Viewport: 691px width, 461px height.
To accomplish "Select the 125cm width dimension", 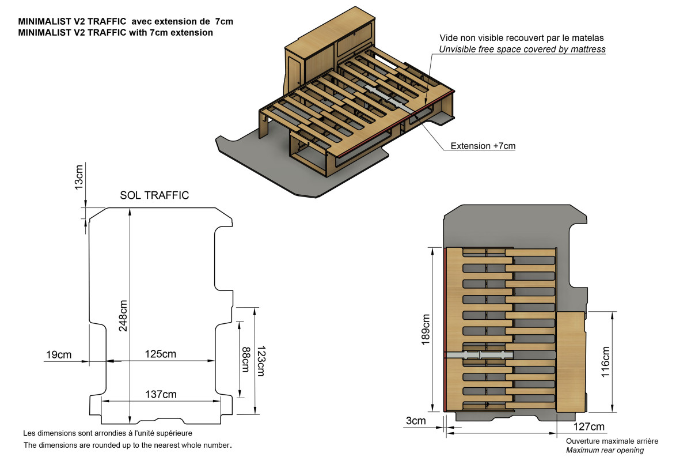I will point(160,354).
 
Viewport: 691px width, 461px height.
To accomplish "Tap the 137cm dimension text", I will point(161,394).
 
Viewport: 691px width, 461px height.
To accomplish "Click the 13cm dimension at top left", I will point(79,176).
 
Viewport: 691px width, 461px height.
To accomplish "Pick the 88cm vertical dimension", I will point(246,358).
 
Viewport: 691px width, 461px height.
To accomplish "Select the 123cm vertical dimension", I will point(260,361).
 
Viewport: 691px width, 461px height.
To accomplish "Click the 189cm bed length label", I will point(426,328).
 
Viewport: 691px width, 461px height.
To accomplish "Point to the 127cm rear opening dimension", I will point(589,427).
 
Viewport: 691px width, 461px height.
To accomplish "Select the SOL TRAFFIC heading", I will point(154,195).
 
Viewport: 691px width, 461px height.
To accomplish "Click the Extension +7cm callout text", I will point(483,146).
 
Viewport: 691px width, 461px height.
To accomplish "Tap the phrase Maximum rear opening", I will point(605,450).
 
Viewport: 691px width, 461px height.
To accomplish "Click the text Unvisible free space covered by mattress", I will point(522,50).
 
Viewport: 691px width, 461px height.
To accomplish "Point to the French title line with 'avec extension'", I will point(126,21).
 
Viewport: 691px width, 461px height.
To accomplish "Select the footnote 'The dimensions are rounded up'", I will point(127,445).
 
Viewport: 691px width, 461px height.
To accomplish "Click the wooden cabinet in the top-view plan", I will point(571,361).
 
